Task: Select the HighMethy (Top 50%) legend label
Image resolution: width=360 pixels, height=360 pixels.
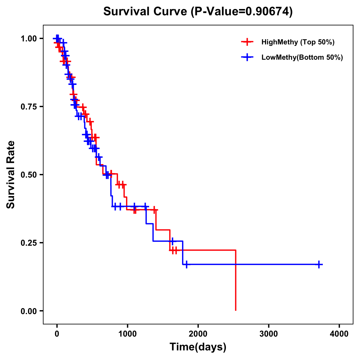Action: click(298, 42)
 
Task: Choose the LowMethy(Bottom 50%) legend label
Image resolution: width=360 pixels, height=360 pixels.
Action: click(302, 57)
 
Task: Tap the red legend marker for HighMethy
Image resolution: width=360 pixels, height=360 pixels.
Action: click(247, 42)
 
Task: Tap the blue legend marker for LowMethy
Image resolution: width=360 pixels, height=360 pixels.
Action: click(247, 57)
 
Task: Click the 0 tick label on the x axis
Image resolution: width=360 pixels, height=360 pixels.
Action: click(57, 334)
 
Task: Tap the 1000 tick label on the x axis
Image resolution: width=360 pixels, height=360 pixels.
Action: click(127, 334)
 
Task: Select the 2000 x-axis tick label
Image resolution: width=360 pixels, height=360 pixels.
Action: click(198, 334)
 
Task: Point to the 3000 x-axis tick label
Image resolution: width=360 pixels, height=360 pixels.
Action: click(268, 334)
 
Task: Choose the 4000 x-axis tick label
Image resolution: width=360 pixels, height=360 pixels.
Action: click(339, 334)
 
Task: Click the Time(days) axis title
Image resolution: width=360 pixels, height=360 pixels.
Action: click(198, 347)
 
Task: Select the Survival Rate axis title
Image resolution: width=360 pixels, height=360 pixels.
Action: click(11, 175)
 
